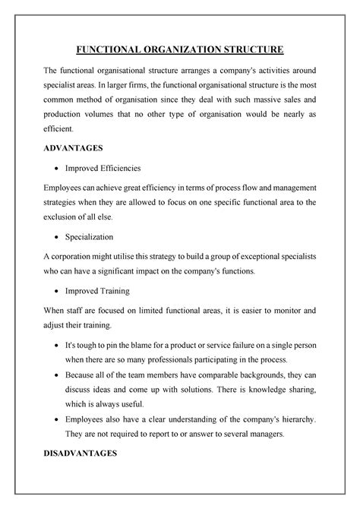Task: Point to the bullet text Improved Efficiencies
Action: pos(112,168)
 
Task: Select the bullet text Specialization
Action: pos(101,236)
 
